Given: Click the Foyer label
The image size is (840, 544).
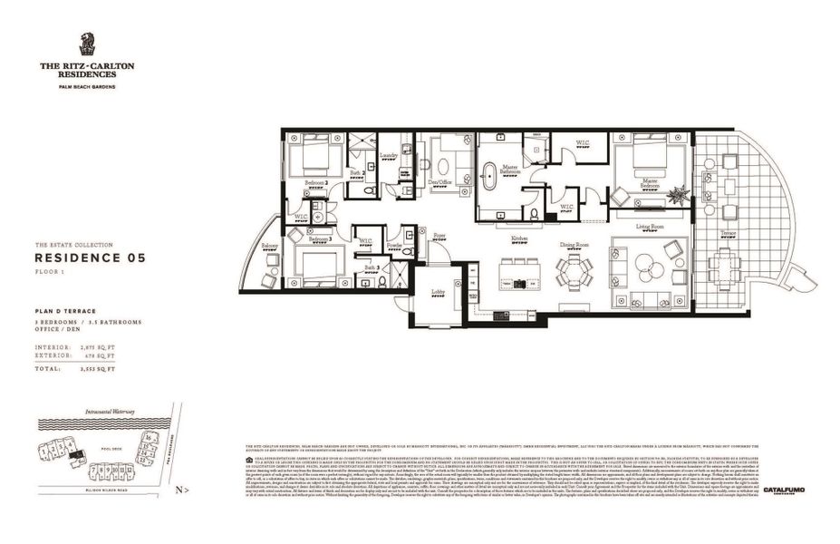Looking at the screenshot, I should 439,236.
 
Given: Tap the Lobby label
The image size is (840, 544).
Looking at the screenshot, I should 438,292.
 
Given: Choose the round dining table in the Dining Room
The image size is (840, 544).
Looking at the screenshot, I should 574,267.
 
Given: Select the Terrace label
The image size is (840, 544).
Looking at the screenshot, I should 729,234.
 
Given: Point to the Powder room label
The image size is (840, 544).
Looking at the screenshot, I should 394,246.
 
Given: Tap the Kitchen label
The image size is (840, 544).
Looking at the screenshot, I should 518,239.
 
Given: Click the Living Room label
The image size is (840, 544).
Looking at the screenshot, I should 650,227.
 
